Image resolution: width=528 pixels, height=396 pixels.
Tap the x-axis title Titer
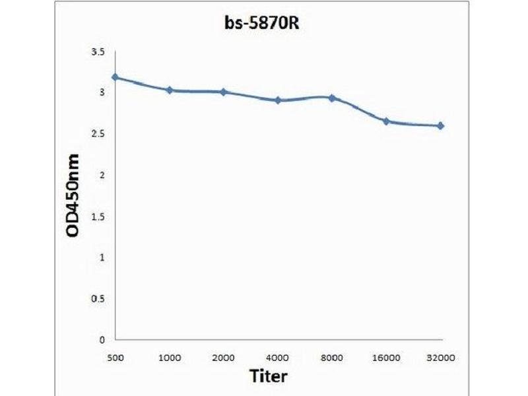tap(269, 376)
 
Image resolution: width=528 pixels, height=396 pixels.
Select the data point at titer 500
tap(115, 77)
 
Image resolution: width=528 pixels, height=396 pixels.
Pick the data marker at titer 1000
tap(170, 90)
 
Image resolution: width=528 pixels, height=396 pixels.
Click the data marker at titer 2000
tap(224, 92)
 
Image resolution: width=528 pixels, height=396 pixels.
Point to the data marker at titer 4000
tap(278, 100)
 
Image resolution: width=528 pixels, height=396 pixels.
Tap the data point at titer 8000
tap(332, 98)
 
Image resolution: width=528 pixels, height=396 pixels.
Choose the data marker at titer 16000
tap(386, 121)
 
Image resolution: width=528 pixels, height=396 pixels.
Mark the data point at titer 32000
tap(440, 125)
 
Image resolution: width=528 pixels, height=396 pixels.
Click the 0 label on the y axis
tap(102, 340)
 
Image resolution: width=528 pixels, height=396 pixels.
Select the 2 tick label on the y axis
tap(102, 175)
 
